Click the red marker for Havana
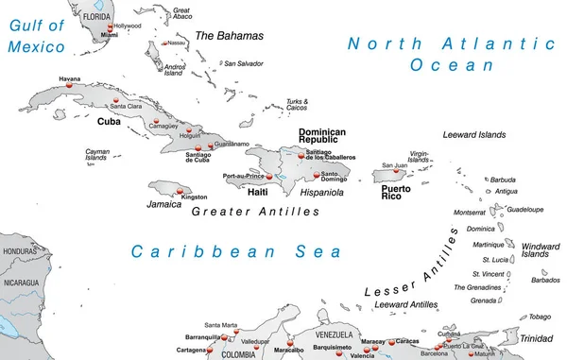[68, 86]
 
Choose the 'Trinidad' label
[536, 338]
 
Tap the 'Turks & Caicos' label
[298, 105]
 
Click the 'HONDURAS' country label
[19, 252]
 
